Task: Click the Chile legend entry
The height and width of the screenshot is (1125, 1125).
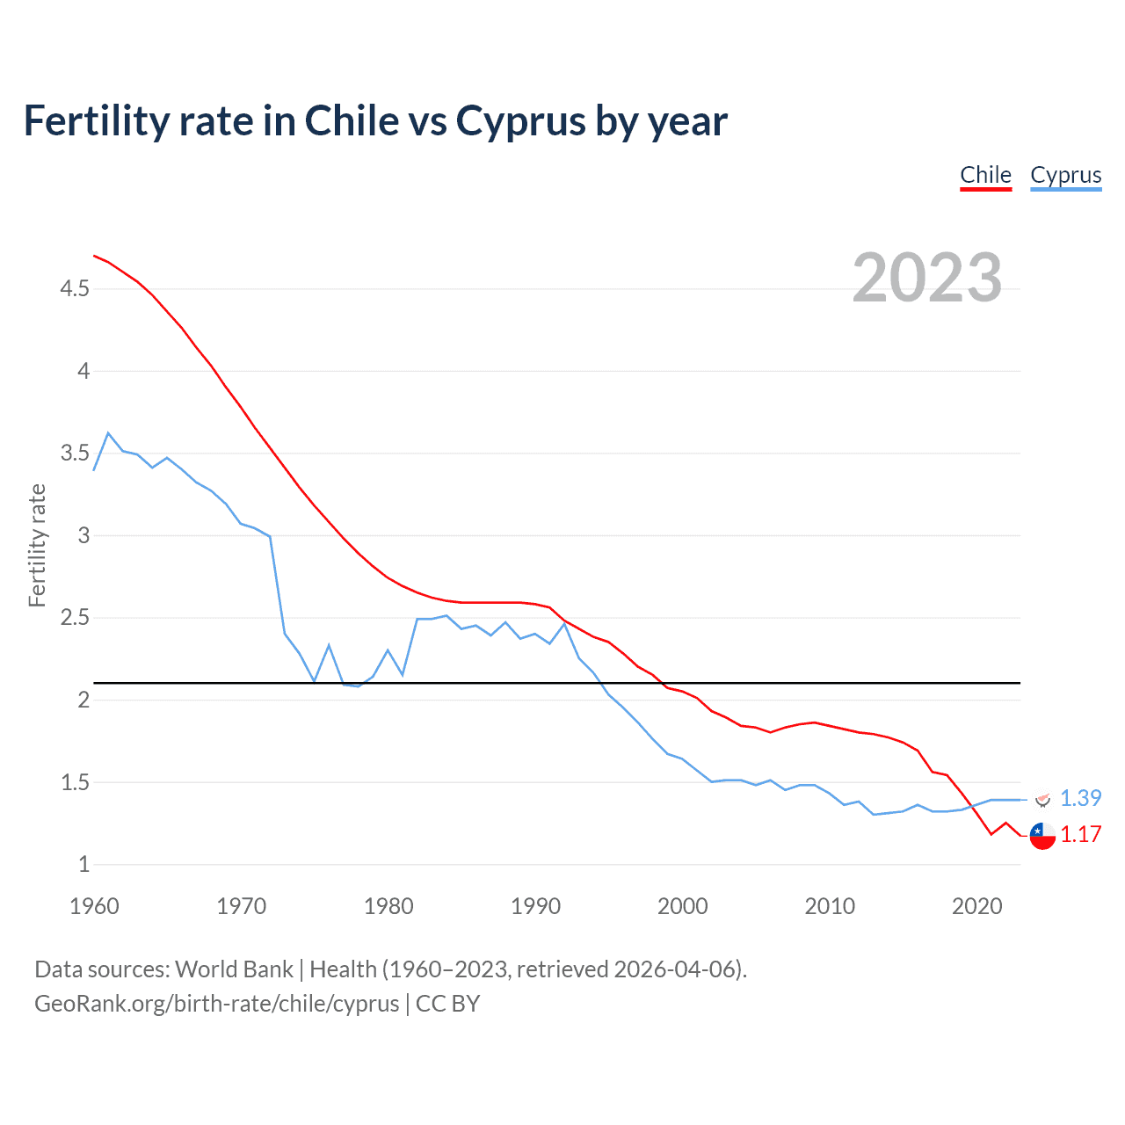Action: pyautogui.click(x=985, y=175)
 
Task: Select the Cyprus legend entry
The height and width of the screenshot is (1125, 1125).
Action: pyautogui.click(x=1065, y=175)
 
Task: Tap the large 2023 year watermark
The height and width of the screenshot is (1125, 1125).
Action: pyautogui.click(x=927, y=278)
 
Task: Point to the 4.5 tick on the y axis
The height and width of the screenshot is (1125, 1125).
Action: pyautogui.click(x=75, y=288)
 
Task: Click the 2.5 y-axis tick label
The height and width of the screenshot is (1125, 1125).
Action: pyautogui.click(x=75, y=618)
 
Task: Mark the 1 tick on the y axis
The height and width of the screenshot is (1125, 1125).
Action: pyautogui.click(x=84, y=864)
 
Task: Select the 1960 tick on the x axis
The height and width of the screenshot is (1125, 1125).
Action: pyautogui.click(x=94, y=906)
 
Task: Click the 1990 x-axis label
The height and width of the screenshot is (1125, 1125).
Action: pyautogui.click(x=535, y=906)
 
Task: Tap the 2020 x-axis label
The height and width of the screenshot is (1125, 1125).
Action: pyautogui.click(x=976, y=906)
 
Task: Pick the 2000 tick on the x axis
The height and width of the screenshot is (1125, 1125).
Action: pyautogui.click(x=682, y=906)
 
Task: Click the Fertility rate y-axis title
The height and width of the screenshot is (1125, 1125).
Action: pyautogui.click(x=37, y=545)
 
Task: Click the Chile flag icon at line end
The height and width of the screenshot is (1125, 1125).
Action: pyautogui.click(x=1042, y=835)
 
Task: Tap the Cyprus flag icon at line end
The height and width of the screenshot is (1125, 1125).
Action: pyautogui.click(x=1042, y=799)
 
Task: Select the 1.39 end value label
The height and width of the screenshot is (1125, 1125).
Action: pyautogui.click(x=1080, y=798)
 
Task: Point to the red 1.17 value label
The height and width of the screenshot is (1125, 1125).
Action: pyautogui.click(x=1080, y=834)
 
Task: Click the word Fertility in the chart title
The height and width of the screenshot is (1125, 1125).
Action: pyautogui.click(x=96, y=121)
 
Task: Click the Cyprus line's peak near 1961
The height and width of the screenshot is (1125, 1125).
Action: pyautogui.click(x=108, y=432)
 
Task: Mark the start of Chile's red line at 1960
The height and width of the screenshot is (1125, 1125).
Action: pyautogui.click(x=94, y=256)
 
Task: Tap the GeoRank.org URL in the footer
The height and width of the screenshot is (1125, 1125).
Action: pyautogui.click(x=216, y=1003)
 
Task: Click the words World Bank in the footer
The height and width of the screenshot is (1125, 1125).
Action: pyautogui.click(x=234, y=969)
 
